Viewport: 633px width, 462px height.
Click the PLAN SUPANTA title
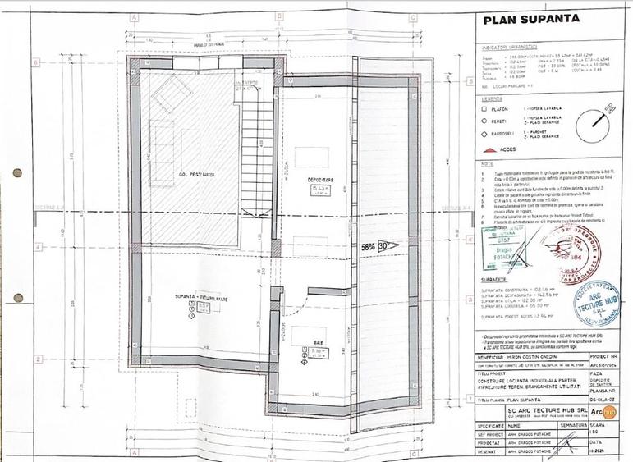[x=532, y=19]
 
